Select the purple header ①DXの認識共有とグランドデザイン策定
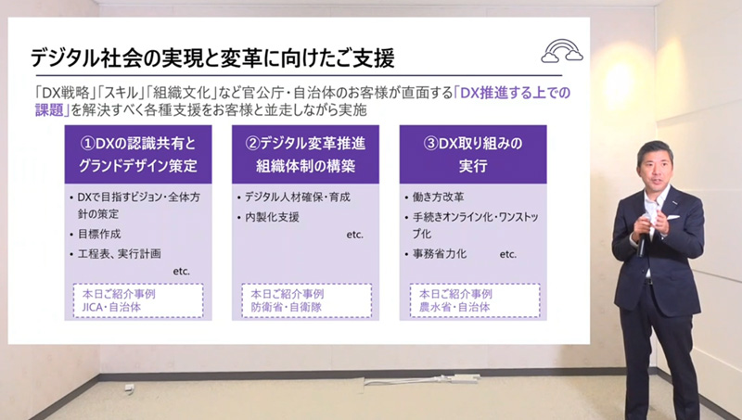click(x=136, y=155)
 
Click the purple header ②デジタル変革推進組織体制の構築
click(x=303, y=155)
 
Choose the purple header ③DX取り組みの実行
click(x=472, y=155)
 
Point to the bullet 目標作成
click(x=100, y=234)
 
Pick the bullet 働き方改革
click(x=442, y=197)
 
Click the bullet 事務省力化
click(x=445, y=253)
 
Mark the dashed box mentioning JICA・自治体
click(x=136, y=299)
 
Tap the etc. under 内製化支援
click(x=355, y=235)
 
